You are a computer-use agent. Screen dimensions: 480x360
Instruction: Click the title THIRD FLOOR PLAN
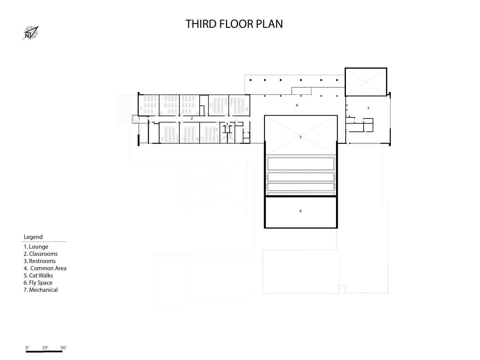pos(234,24)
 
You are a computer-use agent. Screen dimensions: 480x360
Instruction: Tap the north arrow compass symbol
pos(31,33)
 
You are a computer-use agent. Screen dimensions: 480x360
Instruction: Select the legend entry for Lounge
pos(36,246)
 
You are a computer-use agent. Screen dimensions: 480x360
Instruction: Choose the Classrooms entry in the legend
pos(40,254)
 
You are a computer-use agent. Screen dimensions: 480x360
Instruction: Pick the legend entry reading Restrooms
pos(40,261)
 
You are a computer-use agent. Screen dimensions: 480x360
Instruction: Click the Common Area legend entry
pos(45,268)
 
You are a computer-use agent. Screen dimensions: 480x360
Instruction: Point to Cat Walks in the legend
pos(38,276)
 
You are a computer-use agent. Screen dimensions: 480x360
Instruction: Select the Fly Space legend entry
pos(38,283)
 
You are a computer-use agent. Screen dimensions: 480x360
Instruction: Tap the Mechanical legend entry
pos(41,290)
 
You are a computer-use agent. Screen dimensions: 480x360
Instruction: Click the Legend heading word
pos(33,237)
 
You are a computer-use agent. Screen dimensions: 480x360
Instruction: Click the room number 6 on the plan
pos(300,211)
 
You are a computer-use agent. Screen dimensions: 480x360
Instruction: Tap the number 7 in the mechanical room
pos(368,108)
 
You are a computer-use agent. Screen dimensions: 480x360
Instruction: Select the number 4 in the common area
pos(297,105)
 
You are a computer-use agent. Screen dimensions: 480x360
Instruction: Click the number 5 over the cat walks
pos(300,137)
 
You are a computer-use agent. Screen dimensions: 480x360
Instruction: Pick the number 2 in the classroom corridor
pos(192,119)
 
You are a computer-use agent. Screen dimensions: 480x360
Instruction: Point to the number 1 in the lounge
pos(139,119)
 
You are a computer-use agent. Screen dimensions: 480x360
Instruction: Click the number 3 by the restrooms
pos(227,124)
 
